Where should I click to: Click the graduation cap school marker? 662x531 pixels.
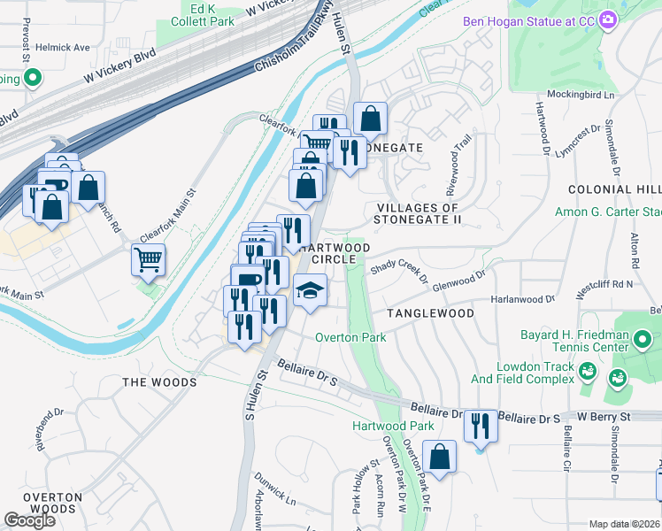click(310, 290)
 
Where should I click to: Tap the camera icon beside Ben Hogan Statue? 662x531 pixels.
click(608, 19)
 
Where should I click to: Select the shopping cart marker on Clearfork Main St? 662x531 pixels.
click(149, 259)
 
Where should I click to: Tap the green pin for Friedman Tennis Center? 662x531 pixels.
click(642, 339)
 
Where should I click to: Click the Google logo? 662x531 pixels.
click(29, 519)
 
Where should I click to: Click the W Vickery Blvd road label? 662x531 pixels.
click(119, 64)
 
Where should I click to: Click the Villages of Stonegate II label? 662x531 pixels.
click(418, 213)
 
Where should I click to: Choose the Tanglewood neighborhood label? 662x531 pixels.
click(429, 313)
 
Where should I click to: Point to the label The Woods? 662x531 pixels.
click(159, 381)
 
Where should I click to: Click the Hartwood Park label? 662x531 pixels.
click(393, 426)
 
